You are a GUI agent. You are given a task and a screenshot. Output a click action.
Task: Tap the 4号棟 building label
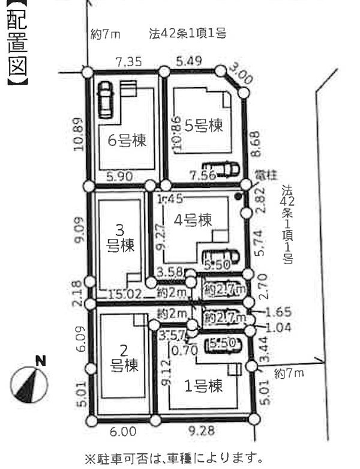coord(193,220)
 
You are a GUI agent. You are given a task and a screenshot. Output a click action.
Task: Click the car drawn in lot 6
coord(106,99)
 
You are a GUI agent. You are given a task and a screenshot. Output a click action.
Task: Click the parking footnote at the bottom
coord(174,459)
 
